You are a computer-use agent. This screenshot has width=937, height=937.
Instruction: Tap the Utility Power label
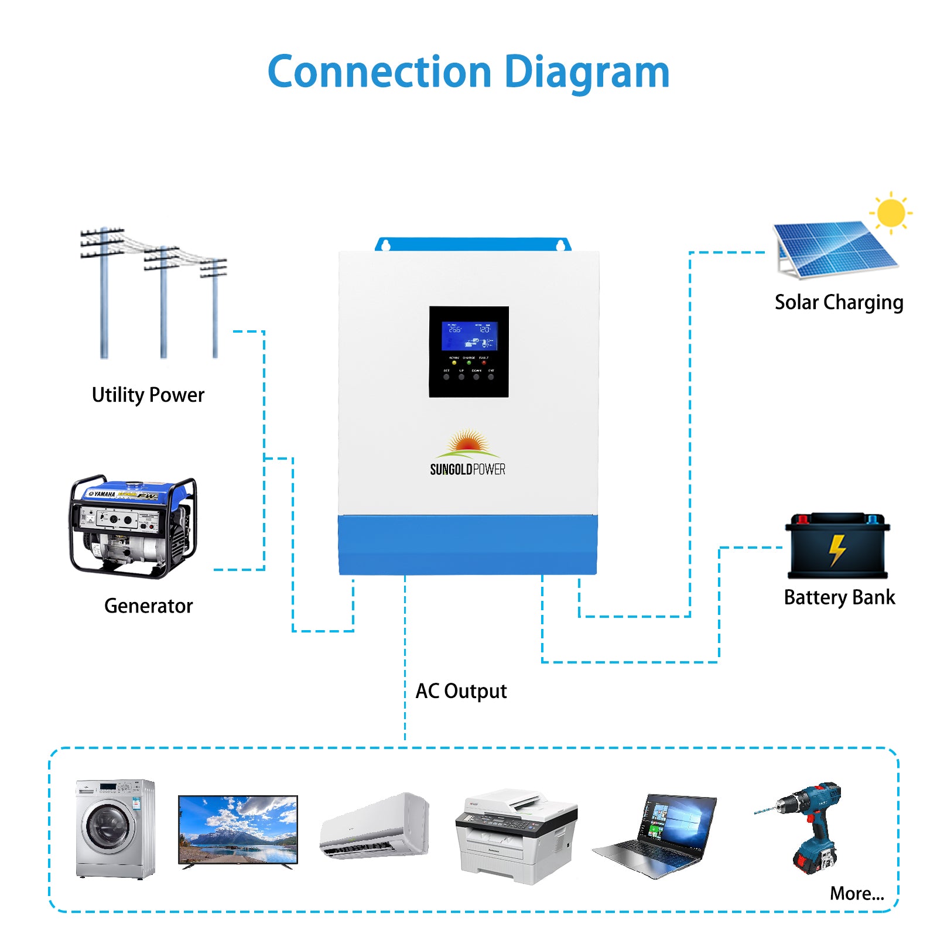tap(148, 395)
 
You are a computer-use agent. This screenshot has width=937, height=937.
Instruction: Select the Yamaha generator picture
tap(134, 527)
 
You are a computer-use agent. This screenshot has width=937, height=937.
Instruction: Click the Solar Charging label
tap(839, 303)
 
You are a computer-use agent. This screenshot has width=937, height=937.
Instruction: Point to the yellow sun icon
tap(891, 213)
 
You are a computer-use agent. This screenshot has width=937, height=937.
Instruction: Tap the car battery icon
tap(837, 546)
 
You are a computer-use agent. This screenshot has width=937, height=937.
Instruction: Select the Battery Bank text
tap(839, 597)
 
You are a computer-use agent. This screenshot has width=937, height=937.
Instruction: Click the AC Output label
tap(461, 691)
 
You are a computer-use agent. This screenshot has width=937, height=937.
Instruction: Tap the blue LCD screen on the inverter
tap(469, 336)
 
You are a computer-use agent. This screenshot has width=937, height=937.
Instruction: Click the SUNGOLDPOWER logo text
tap(467, 470)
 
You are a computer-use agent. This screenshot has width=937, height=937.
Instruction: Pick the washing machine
tap(115, 829)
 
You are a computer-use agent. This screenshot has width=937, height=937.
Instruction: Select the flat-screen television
tap(238, 830)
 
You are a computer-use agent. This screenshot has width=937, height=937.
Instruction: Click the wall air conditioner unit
tap(375, 826)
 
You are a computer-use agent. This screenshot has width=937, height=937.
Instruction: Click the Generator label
tap(148, 606)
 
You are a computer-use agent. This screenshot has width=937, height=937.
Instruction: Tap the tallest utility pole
tap(104, 293)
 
